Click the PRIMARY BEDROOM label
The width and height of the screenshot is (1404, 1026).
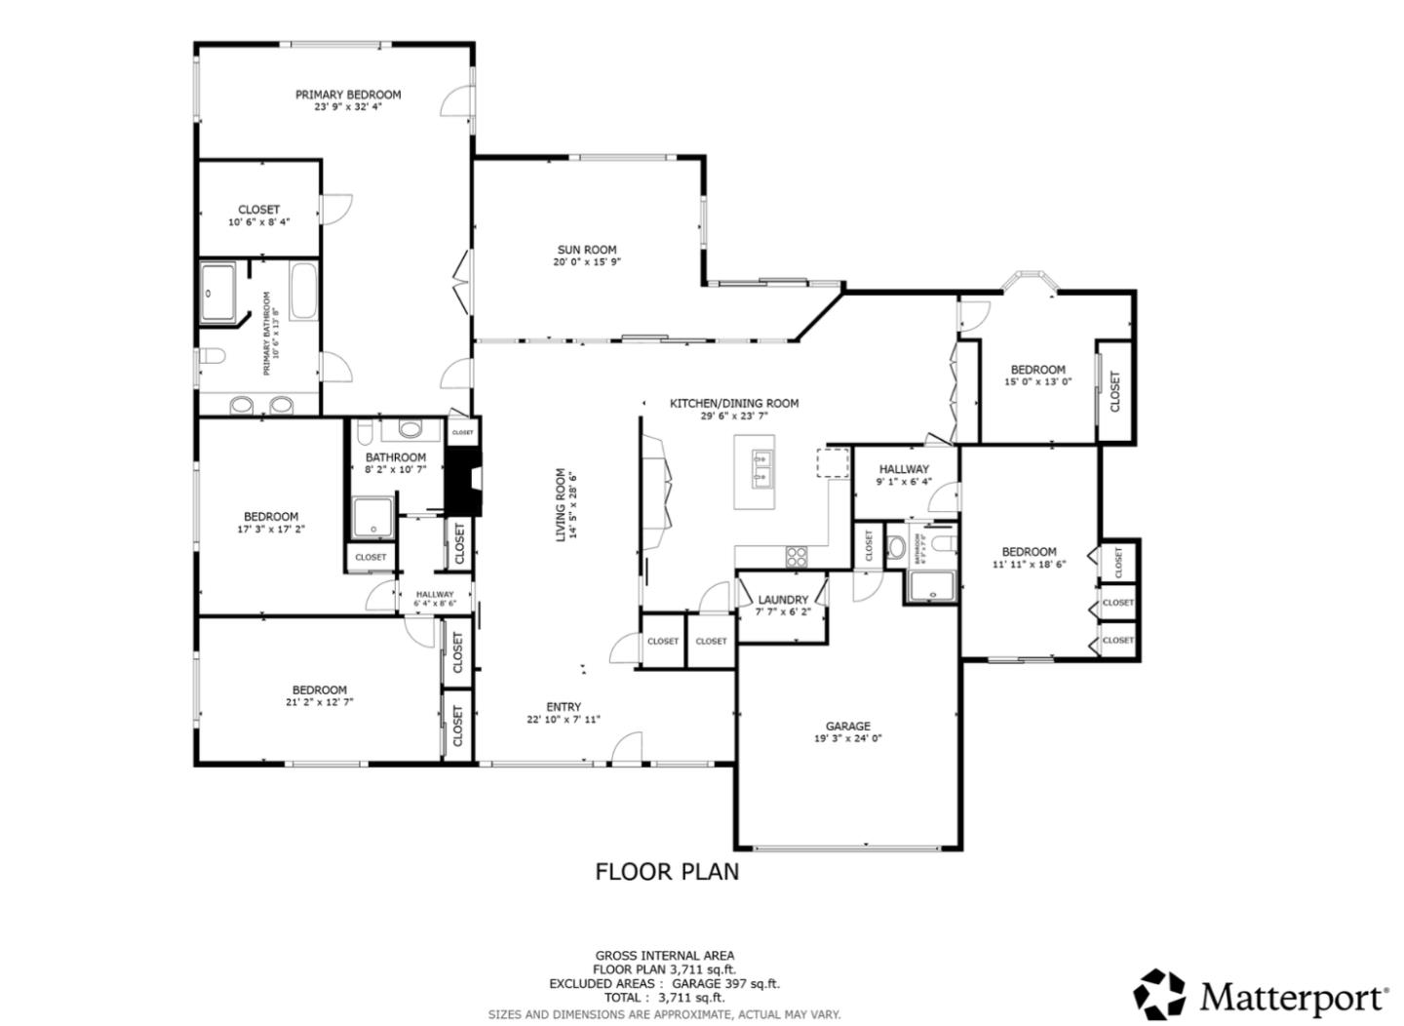(348, 95)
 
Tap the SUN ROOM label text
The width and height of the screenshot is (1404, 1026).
(587, 250)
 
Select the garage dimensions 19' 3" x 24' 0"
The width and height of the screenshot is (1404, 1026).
(847, 738)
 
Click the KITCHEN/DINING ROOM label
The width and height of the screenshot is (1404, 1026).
(733, 403)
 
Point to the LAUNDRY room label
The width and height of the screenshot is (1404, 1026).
(783, 600)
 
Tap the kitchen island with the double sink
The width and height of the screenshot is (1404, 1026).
(755, 471)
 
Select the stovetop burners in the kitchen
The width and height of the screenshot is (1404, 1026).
(797, 556)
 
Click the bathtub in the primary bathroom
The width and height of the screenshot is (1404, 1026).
(303, 291)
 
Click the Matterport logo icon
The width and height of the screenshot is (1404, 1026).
(1159, 995)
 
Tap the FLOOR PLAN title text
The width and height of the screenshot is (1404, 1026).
(667, 871)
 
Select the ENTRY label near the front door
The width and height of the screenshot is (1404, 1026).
(564, 707)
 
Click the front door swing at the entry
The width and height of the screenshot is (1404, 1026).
(626, 746)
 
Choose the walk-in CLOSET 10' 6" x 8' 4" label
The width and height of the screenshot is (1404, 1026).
(258, 210)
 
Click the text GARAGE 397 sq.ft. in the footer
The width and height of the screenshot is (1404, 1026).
(725, 984)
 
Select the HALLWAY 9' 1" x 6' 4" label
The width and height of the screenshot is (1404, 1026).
(905, 469)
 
